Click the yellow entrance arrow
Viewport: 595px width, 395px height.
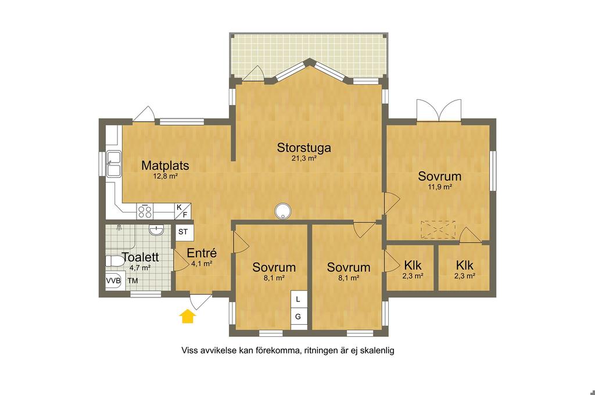(188, 316)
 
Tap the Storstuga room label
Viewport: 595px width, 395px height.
(304, 148)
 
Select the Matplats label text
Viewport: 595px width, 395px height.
(165, 166)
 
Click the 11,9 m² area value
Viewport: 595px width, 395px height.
(440, 186)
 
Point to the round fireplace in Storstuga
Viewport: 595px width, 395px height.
(283, 211)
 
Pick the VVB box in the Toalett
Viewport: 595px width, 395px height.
(113, 281)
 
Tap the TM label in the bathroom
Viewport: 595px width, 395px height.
(132, 281)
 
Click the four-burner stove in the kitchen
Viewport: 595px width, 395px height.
(145, 211)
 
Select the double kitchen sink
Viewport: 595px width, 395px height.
(113, 164)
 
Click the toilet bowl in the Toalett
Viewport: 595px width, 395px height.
(114, 261)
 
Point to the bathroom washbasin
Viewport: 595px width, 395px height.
(156, 229)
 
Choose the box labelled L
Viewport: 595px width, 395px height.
(298, 299)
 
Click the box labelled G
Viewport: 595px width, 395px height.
(298, 317)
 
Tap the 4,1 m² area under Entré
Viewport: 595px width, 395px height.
(202, 264)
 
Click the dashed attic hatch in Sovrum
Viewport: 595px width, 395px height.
(438, 230)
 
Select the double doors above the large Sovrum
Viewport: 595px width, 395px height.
(439, 110)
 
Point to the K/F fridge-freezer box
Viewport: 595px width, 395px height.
(182, 211)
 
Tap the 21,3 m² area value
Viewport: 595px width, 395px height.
(304, 158)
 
